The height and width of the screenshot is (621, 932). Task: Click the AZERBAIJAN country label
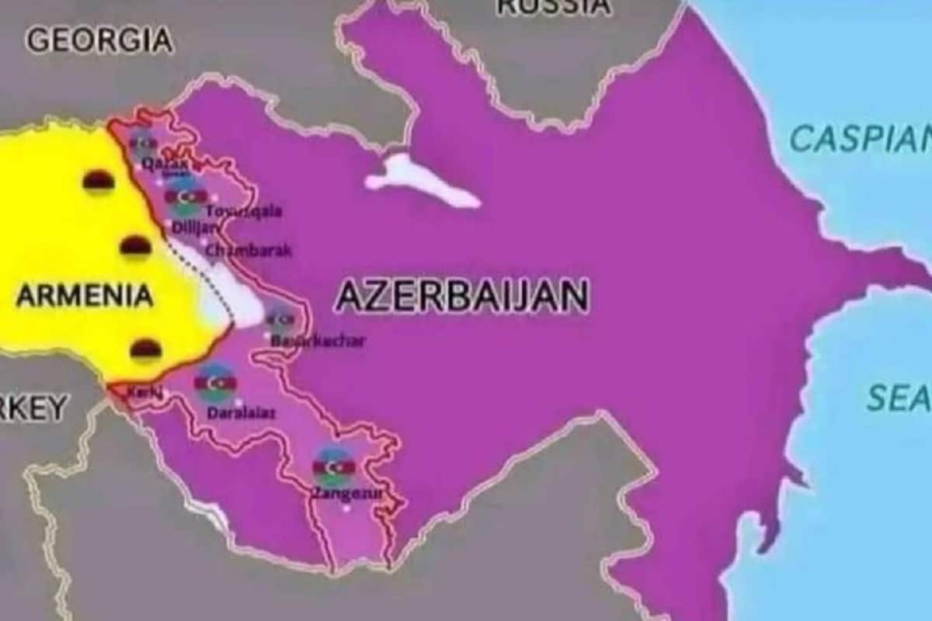[x=461, y=297]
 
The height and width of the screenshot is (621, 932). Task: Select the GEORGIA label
[x=99, y=40]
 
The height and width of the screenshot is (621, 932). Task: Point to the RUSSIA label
[x=553, y=6]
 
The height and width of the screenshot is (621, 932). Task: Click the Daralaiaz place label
[x=241, y=414]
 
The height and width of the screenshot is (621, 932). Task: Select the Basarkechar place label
[x=317, y=340]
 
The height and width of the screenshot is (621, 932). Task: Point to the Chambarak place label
[x=249, y=251]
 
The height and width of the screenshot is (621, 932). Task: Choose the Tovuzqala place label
[x=244, y=210]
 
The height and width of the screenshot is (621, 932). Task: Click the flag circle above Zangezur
[x=333, y=467]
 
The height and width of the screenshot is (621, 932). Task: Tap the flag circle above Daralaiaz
[x=216, y=383]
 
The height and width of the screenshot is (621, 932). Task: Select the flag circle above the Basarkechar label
[x=280, y=318]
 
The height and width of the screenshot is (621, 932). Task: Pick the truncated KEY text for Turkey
[x=35, y=408]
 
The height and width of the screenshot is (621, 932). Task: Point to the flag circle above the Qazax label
[x=143, y=144]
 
